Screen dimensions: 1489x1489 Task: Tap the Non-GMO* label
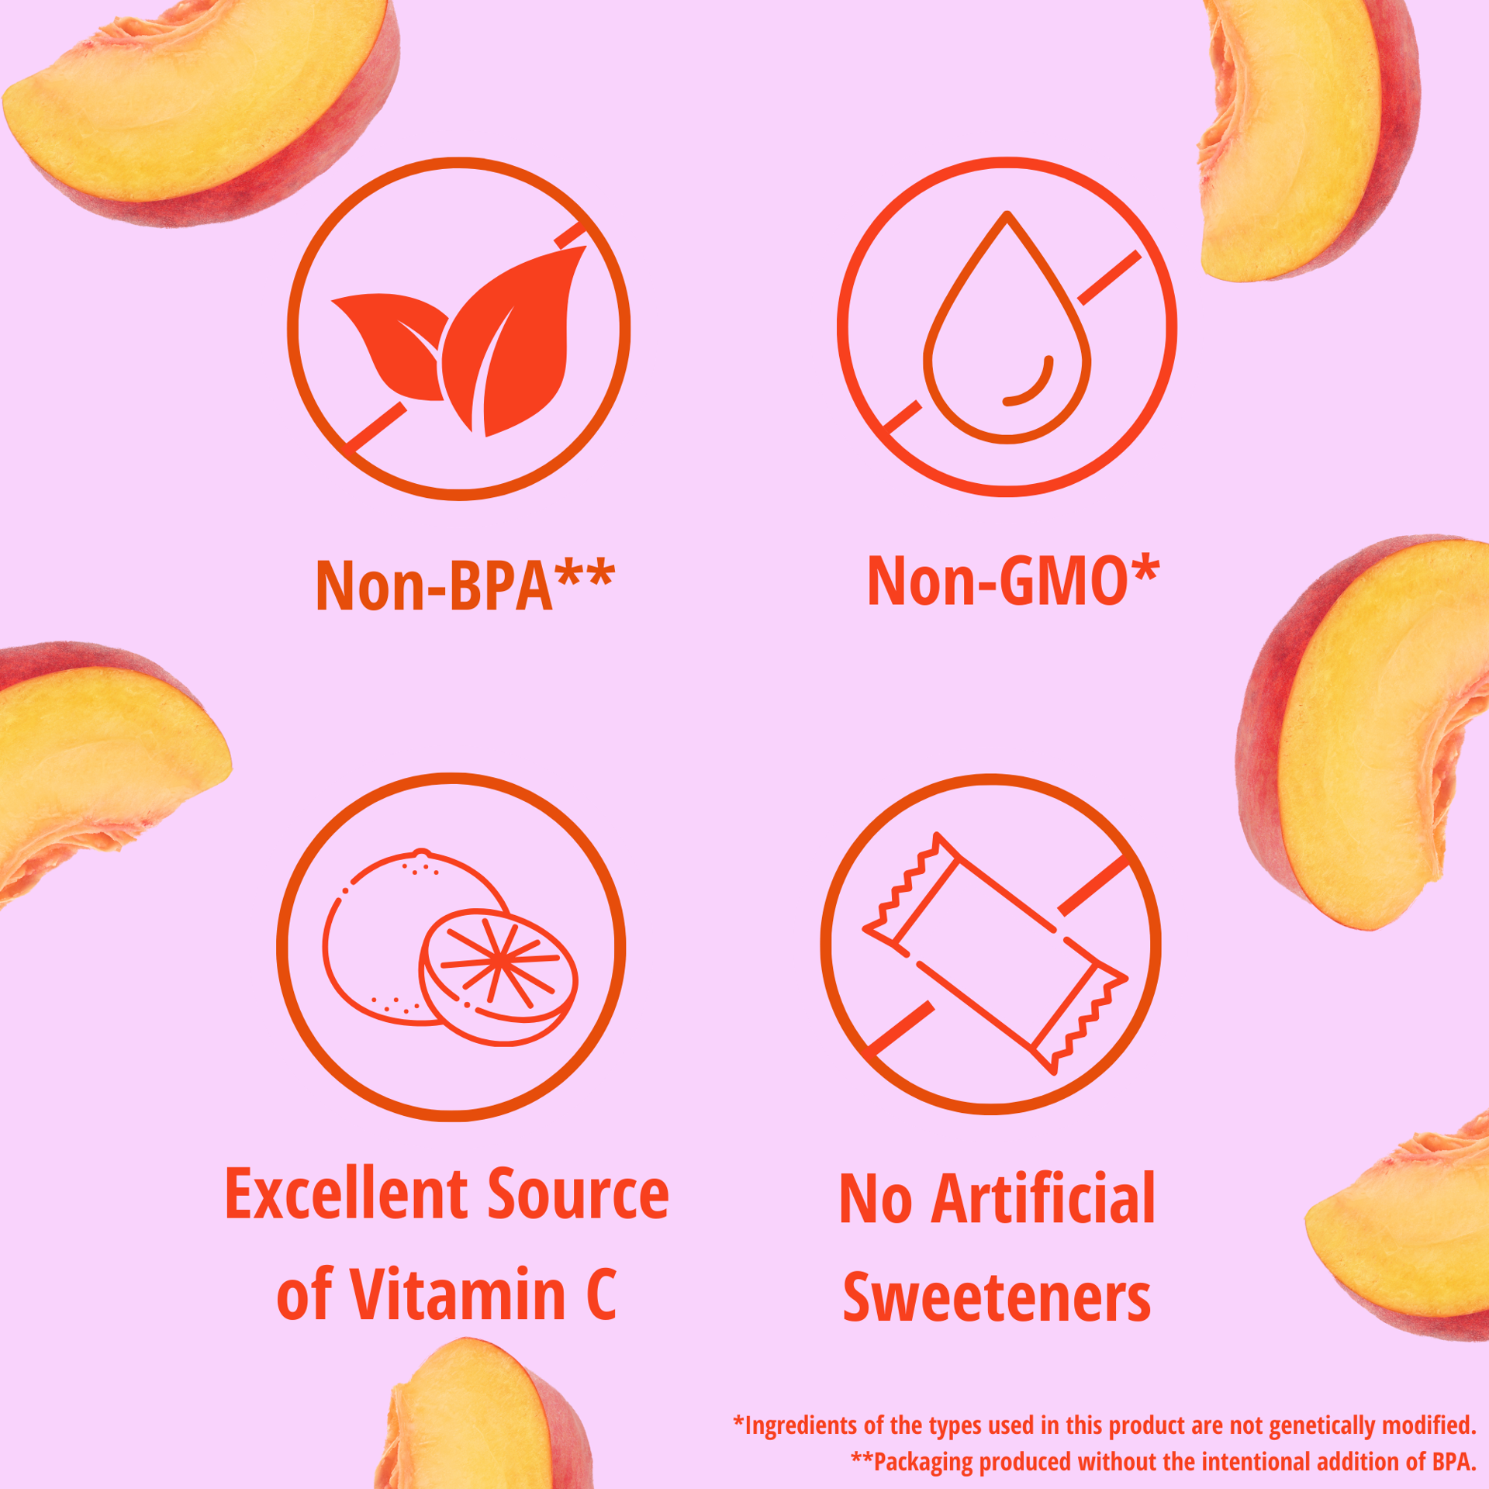[1013, 580]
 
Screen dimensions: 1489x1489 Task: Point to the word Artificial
[1043, 1199]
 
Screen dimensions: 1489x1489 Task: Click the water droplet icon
[1007, 326]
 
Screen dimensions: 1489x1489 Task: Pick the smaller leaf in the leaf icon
[392, 345]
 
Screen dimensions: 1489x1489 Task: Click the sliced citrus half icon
[499, 976]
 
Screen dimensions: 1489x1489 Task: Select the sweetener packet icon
[996, 953]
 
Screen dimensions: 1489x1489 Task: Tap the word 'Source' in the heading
[578, 1195]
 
